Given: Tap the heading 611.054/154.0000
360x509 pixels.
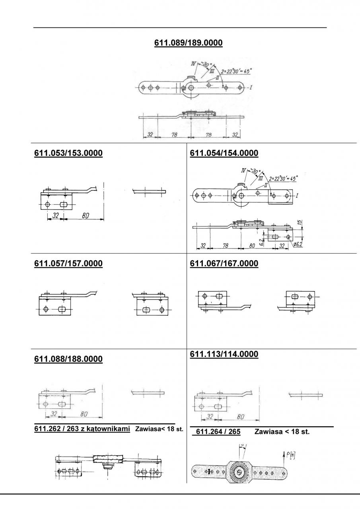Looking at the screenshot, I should [224, 153].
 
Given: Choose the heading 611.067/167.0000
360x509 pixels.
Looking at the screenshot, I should [224, 263].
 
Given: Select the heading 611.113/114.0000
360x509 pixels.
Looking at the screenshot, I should [224, 354].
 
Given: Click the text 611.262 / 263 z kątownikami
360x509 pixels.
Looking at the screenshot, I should [83, 429].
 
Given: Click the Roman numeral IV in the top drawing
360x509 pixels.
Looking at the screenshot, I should [194, 63].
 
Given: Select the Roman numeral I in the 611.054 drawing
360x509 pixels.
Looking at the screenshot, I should [298, 196].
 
